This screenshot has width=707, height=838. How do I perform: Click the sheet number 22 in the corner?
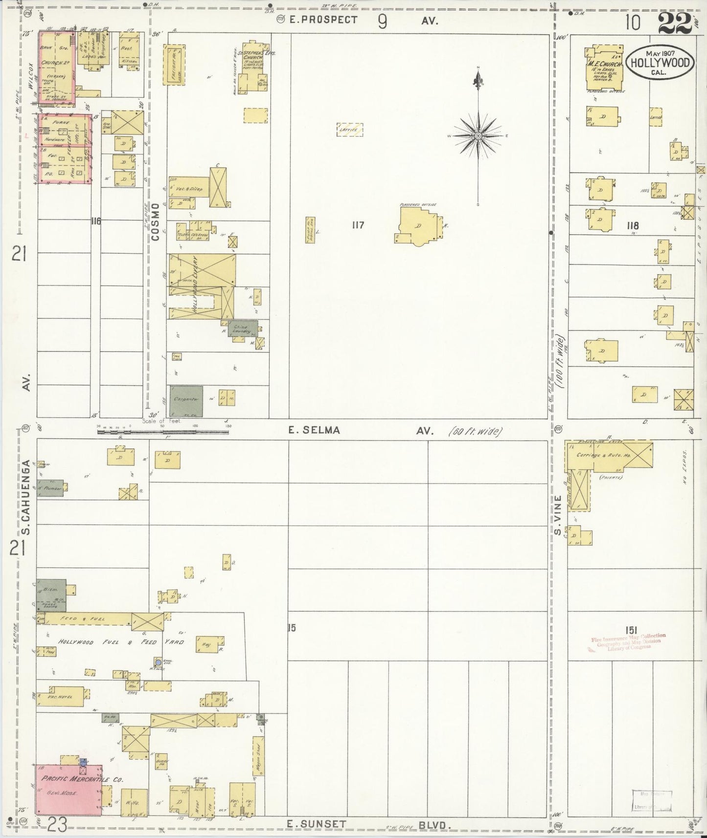point(675,23)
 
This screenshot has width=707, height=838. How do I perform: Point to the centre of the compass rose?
point(478,135)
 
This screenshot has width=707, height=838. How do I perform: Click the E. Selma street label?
point(314,430)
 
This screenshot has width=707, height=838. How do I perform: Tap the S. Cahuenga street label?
point(27,497)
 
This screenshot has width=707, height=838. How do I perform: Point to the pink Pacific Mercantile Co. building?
point(68,792)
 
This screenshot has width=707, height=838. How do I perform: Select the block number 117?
point(358,225)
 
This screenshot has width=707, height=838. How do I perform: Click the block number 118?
point(632,226)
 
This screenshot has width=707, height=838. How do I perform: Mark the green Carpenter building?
point(186,400)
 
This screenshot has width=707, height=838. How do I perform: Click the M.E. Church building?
point(605,69)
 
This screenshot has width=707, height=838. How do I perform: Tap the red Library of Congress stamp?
point(629,641)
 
